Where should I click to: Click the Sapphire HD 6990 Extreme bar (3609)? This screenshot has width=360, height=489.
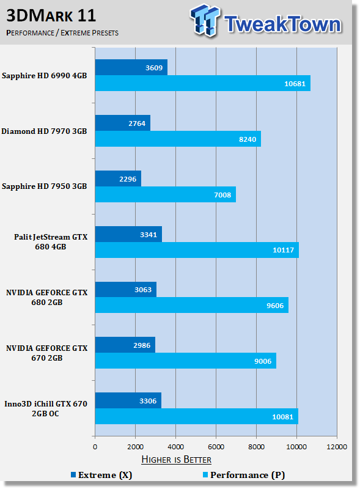(131, 67)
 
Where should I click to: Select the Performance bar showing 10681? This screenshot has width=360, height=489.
(203, 83)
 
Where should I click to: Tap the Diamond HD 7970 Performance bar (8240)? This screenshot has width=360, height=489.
(178, 139)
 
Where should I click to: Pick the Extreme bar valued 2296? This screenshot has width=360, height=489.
(118, 178)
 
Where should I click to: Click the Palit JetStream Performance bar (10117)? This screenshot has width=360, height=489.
(197, 250)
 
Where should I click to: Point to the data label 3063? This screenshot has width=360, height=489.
(143, 290)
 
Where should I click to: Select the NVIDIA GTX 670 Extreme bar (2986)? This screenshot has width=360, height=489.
(125, 345)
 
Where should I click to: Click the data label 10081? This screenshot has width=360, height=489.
(282, 417)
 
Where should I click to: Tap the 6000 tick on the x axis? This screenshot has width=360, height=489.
(216, 447)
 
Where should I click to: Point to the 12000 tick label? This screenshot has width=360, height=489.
(337, 447)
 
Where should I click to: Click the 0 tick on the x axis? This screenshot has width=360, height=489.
(95, 447)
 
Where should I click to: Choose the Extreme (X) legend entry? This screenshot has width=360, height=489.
(101, 475)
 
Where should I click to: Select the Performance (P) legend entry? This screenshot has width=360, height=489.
(244, 475)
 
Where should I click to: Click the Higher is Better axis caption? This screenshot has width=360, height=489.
(176, 460)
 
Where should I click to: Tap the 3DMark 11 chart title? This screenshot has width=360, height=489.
(51, 16)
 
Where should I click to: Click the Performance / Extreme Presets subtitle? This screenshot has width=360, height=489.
(62, 33)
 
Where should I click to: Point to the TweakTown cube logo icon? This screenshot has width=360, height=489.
(205, 20)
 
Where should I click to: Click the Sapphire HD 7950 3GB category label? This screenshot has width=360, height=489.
(44, 186)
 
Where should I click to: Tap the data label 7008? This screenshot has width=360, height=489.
(222, 195)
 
